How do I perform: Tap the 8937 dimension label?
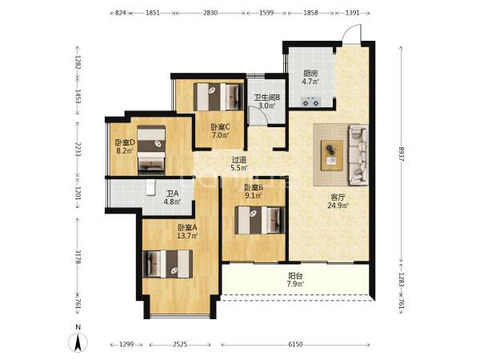click(x=402, y=154)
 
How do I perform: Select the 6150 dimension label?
click(x=295, y=344)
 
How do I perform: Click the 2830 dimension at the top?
click(x=210, y=13)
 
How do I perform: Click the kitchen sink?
click(x=311, y=102)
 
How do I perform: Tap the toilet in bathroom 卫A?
click(x=150, y=187)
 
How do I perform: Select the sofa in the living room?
click(x=358, y=155)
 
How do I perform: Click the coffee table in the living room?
click(x=331, y=155)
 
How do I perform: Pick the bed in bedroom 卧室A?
click(x=168, y=264)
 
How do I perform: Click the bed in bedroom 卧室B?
click(x=259, y=220)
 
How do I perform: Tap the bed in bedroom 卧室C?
click(x=218, y=97)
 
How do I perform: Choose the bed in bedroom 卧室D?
click(x=151, y=150)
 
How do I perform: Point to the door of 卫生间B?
click(x=258, y=115)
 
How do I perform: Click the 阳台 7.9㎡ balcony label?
click(x=295, y=280)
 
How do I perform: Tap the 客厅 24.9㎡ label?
click(x=338, y=202)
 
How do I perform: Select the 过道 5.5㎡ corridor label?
click(x=239, y=164)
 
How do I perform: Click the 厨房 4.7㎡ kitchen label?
click(x=310, y=78)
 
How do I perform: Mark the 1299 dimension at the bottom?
click(x=126, y=344)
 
